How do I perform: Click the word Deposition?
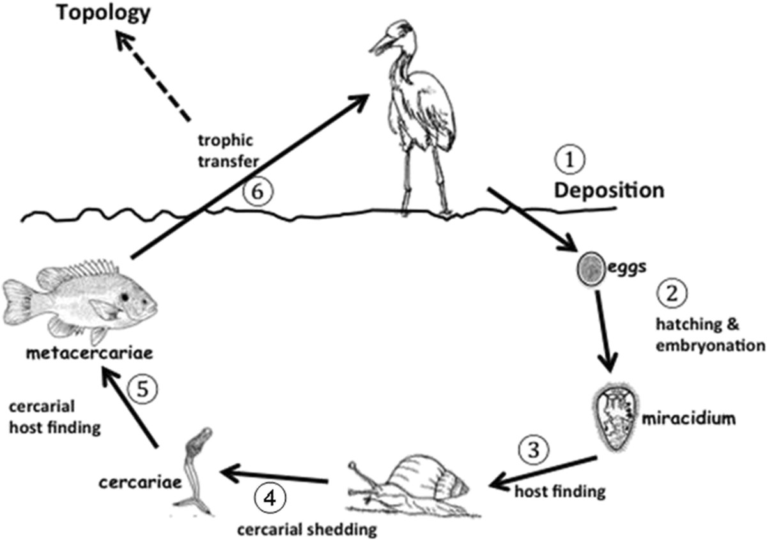click(x=609, y=190)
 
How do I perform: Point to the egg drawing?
click(x=591, y=269)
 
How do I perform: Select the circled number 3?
click(x=533, y=451)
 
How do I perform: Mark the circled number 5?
click(x=143, y=389)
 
